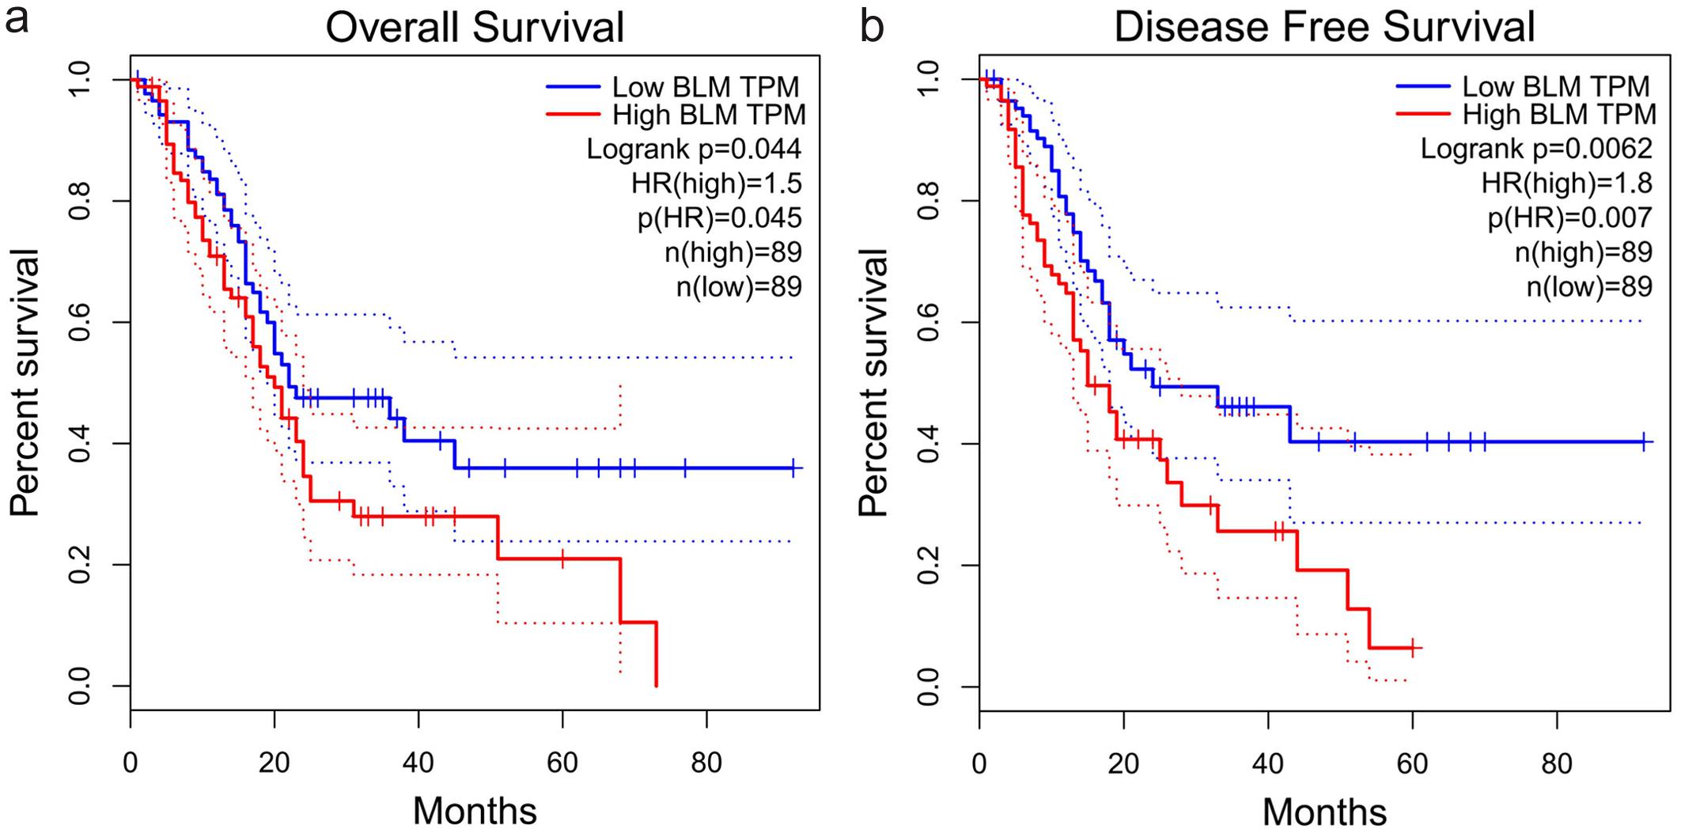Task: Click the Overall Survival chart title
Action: (x=475, y=27)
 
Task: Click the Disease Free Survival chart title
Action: (x=1324, y=27)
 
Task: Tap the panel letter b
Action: (x=872, y=27)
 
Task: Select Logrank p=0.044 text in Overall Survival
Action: (x=694, y=149)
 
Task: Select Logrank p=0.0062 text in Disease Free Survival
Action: (x=1536, y=149)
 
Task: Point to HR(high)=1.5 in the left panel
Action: (x=717, y=184)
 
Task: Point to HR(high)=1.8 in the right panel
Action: (x=1566, y=184)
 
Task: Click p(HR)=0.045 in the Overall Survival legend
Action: (x=720, y=218)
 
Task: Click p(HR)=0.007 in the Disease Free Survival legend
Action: (x=1569, y=218)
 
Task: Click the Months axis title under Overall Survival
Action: (x=475, y=811)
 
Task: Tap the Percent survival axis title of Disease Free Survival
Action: (x=873, y=383)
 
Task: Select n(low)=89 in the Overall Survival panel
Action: (x=739, y=286)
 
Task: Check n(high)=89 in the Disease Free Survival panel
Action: (x=1584, y=252)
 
